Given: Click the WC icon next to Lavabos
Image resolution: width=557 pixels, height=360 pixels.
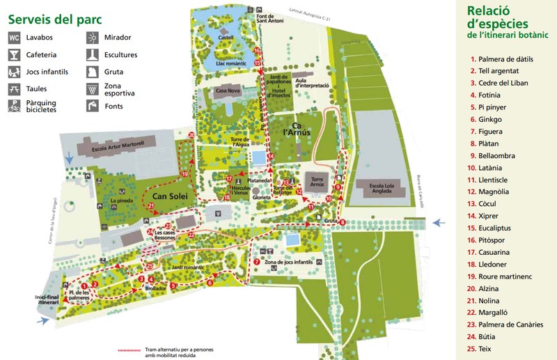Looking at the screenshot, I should point(14,38).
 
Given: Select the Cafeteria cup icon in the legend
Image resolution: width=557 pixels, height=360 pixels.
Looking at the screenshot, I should point(14,54).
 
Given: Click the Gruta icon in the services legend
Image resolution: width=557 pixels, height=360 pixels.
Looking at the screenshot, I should point(92,72).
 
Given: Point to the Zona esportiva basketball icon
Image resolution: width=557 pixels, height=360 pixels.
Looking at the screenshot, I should point(92,88).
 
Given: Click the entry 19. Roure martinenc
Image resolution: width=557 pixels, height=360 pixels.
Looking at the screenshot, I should point(502,276).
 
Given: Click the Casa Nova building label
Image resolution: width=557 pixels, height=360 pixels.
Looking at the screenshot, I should point(227,91).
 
